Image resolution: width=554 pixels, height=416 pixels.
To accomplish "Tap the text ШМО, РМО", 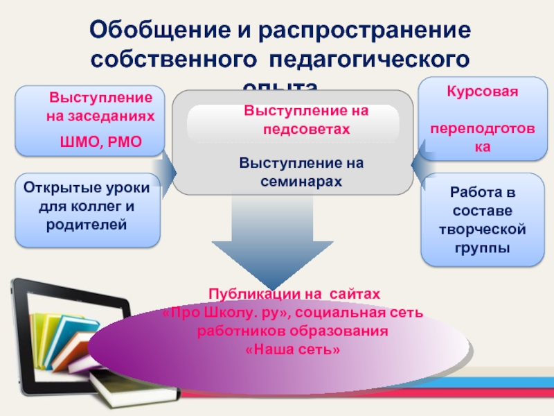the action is pos(101,142).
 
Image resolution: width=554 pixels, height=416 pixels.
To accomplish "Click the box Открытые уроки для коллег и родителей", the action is pos(87,210).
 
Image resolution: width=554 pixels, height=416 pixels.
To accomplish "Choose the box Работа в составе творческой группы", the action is pos(483,220).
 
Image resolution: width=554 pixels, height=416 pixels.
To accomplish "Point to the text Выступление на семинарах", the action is pos(292,171).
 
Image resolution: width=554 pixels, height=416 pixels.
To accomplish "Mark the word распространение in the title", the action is pos(361,31).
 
